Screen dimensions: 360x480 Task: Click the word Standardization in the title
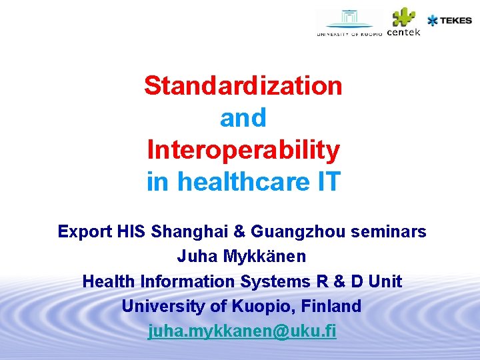coord(243,85)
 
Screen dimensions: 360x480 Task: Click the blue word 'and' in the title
coord(243,118)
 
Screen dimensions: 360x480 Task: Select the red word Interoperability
coord(243,150)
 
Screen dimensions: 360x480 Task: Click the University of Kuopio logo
coord(349,23)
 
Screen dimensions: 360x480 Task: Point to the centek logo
coord(403,23)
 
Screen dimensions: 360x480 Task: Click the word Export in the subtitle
coord(85,232)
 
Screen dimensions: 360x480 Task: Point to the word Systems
coord(275,281)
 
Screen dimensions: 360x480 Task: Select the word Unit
coord(385,281)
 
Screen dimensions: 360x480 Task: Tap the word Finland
coord(332,307)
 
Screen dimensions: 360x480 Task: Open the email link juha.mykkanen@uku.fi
coord(242,331)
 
